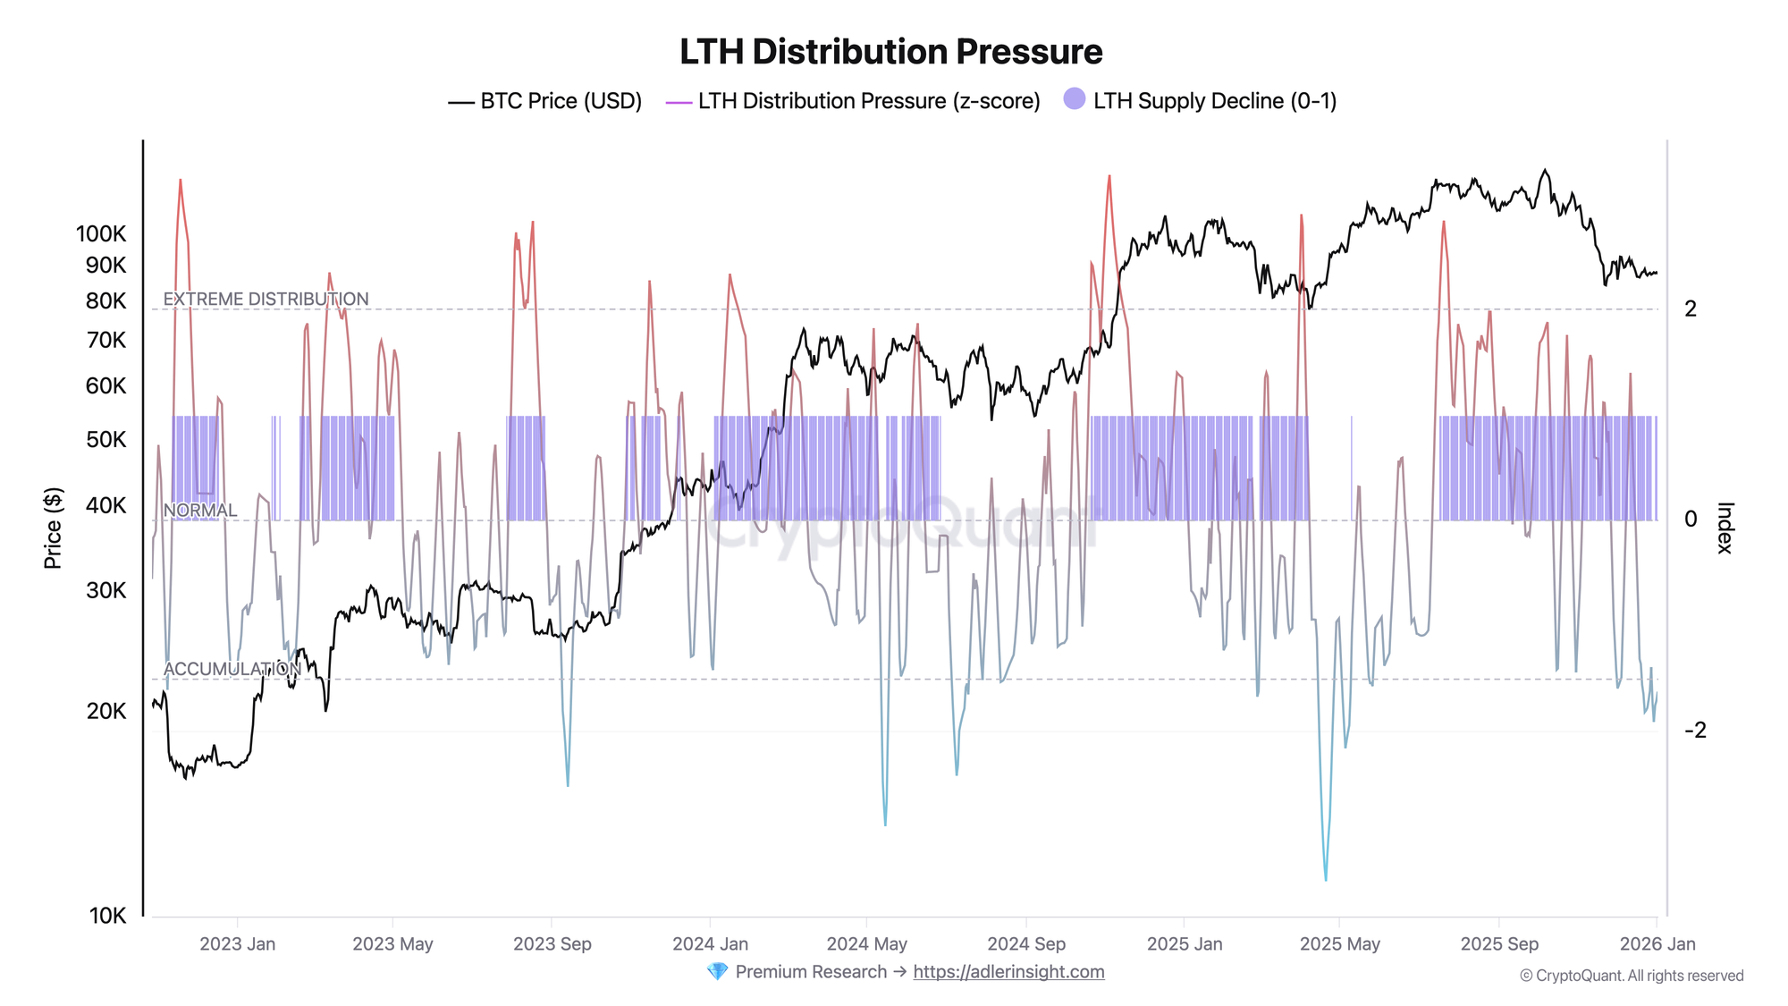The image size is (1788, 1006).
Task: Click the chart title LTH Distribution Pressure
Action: point(890,52)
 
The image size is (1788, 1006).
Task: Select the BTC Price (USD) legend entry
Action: point(545,101)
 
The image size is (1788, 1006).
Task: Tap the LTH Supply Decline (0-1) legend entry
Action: point(1201,101)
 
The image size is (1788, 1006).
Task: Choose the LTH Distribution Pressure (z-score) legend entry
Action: point(854,101)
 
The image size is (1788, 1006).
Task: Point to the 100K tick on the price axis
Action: point(101,234)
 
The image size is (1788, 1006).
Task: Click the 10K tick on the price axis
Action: point(107,916)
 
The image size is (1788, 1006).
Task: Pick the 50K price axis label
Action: point(106,440)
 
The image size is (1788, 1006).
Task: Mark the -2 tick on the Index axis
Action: point(1695,731)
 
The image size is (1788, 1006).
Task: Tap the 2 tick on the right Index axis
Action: point(1690,309)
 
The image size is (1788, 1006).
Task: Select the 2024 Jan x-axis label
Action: point(710,944)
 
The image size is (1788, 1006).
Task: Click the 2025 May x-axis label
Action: point(1339,944)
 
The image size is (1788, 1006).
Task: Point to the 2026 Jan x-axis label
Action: point(1657,944)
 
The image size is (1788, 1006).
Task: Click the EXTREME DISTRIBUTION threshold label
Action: point(266,300)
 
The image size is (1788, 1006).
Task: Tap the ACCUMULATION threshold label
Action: point(232,670)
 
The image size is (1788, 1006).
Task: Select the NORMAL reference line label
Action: point(200,511)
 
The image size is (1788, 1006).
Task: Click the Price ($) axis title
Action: point(53,528)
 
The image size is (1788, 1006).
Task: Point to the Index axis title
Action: point(1725,528)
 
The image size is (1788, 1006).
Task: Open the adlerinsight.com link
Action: point(1008,972)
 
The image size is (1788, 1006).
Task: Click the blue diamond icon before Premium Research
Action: point(717,972)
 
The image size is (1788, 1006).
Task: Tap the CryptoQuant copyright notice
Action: point(1631,976)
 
